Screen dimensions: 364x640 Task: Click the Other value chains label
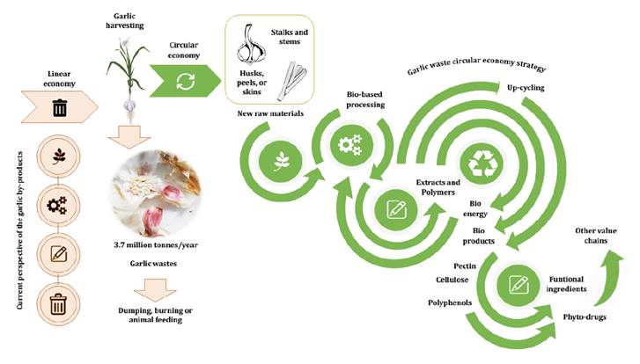601,235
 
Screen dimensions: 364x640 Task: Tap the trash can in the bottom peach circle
61,307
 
